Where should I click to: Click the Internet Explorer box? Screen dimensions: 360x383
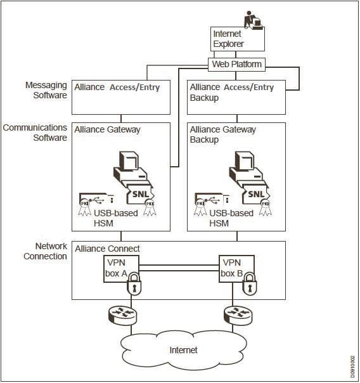238,39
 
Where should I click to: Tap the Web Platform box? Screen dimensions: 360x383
236,65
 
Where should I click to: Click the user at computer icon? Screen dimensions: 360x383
254,20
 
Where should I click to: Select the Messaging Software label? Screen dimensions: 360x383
46,90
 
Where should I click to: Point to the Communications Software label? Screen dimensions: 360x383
35,133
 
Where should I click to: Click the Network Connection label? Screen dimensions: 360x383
46,251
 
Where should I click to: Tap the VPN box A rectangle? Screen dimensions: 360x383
121,269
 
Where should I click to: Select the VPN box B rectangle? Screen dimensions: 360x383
236,269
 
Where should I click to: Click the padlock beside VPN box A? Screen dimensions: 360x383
134,283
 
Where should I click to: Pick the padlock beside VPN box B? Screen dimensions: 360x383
250,283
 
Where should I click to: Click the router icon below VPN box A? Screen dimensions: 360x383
122,315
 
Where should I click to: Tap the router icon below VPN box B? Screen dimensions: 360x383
238,315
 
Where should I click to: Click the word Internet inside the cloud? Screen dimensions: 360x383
184,350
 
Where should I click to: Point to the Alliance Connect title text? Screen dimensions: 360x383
107,249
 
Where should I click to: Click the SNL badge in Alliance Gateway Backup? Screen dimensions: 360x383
256,194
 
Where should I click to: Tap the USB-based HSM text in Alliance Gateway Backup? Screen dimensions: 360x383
231,218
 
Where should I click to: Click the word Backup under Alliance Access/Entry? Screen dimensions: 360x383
204,98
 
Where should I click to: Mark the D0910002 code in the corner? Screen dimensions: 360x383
352,367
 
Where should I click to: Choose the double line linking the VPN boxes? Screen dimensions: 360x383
179,268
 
